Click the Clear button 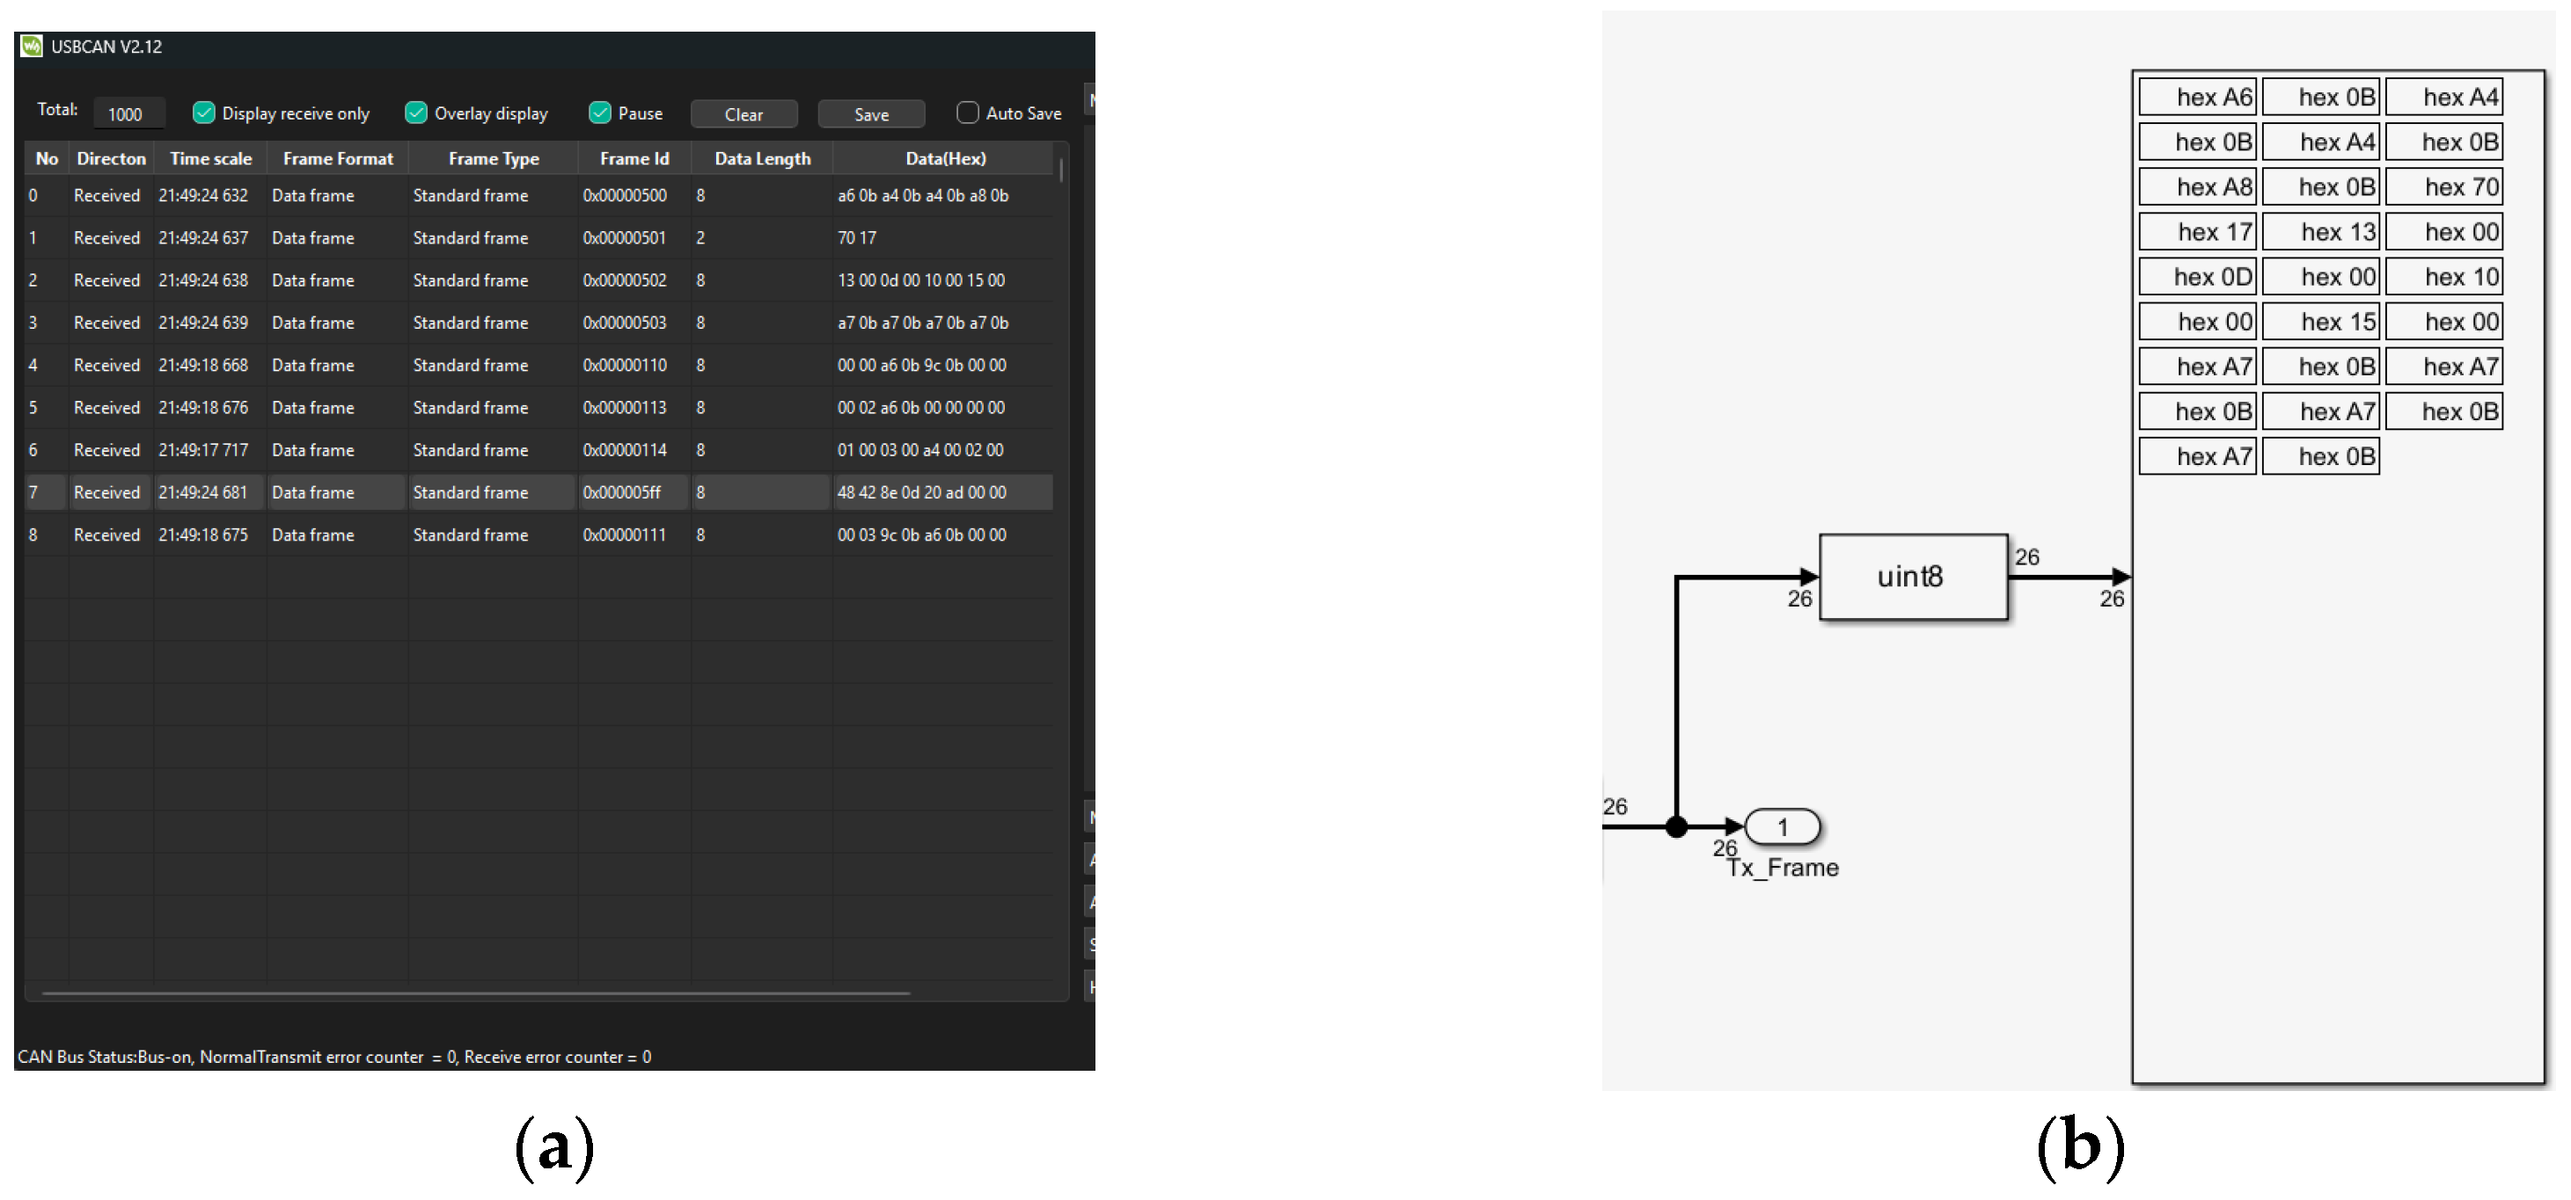click(743, 113)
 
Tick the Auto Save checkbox click(967, 113)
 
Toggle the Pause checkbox click(600, 113)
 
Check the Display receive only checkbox click(203, 113)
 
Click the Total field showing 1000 click(128, 113)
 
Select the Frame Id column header click(634, 158)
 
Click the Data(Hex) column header click(945, 158)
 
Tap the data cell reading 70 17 click(856, 238)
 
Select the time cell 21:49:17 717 click(203, 451)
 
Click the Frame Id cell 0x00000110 click(625, 366)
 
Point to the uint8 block click(1913, 577)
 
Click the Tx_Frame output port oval click(1783, 826)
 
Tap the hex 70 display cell click(2444, 187)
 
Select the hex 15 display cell click(2320, 322)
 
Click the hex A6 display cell click(2197, 98)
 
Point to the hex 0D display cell click(2197, 277)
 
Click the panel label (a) click(555, 1147)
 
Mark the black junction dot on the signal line click(1677, 826)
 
